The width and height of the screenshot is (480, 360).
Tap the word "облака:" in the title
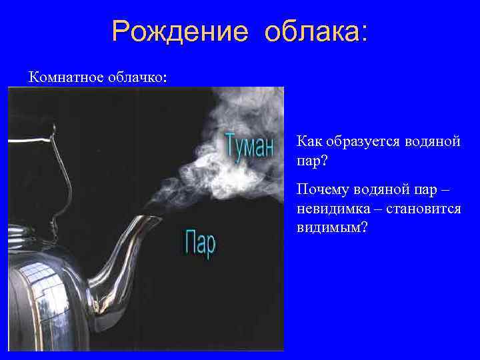tap(315, 32)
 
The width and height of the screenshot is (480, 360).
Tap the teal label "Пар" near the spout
tap(200, 243)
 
